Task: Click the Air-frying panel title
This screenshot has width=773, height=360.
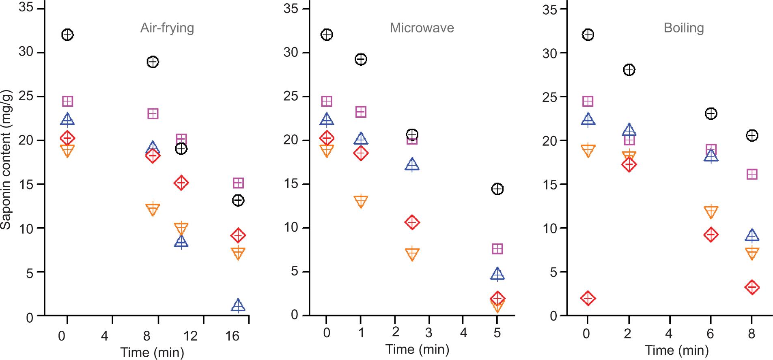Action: pyautogui.click(x=167, y=28)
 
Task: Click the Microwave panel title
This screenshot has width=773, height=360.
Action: pyautogui.click(x=422, y=28)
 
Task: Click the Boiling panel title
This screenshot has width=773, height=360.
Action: pyautogui.click(x=684, y=28)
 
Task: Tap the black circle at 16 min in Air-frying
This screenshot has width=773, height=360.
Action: pyautogui.click(x=238, y=200)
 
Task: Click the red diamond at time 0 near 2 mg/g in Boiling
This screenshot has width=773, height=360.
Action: pyautogui.click(x=588, y=298)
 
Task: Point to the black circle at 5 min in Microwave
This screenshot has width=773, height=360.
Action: pyautogui.click(x=497, y=189)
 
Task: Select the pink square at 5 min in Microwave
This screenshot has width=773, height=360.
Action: pyautogui.click(x=497, y=249)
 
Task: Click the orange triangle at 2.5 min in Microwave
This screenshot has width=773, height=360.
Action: pyautogui.click(x=412, y=254)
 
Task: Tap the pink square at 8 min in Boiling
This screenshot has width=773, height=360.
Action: pyautogui.click(x=752, y=174)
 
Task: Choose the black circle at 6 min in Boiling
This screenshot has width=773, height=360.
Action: pyautogui.click(x=711, y=113)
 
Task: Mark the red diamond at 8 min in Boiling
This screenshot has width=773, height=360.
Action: pyautogui.click(x=752, y=287)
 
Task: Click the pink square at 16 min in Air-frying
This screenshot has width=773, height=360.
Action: pyautogui.click(x=238, y=183)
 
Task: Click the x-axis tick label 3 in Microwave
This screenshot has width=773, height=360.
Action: pyautogui.click(x=429, y=333)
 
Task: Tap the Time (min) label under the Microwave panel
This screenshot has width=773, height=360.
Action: pyautogui.click(x=417, y=349)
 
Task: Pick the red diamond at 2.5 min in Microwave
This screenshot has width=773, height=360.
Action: pyautogui.click(x=412, y=222)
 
